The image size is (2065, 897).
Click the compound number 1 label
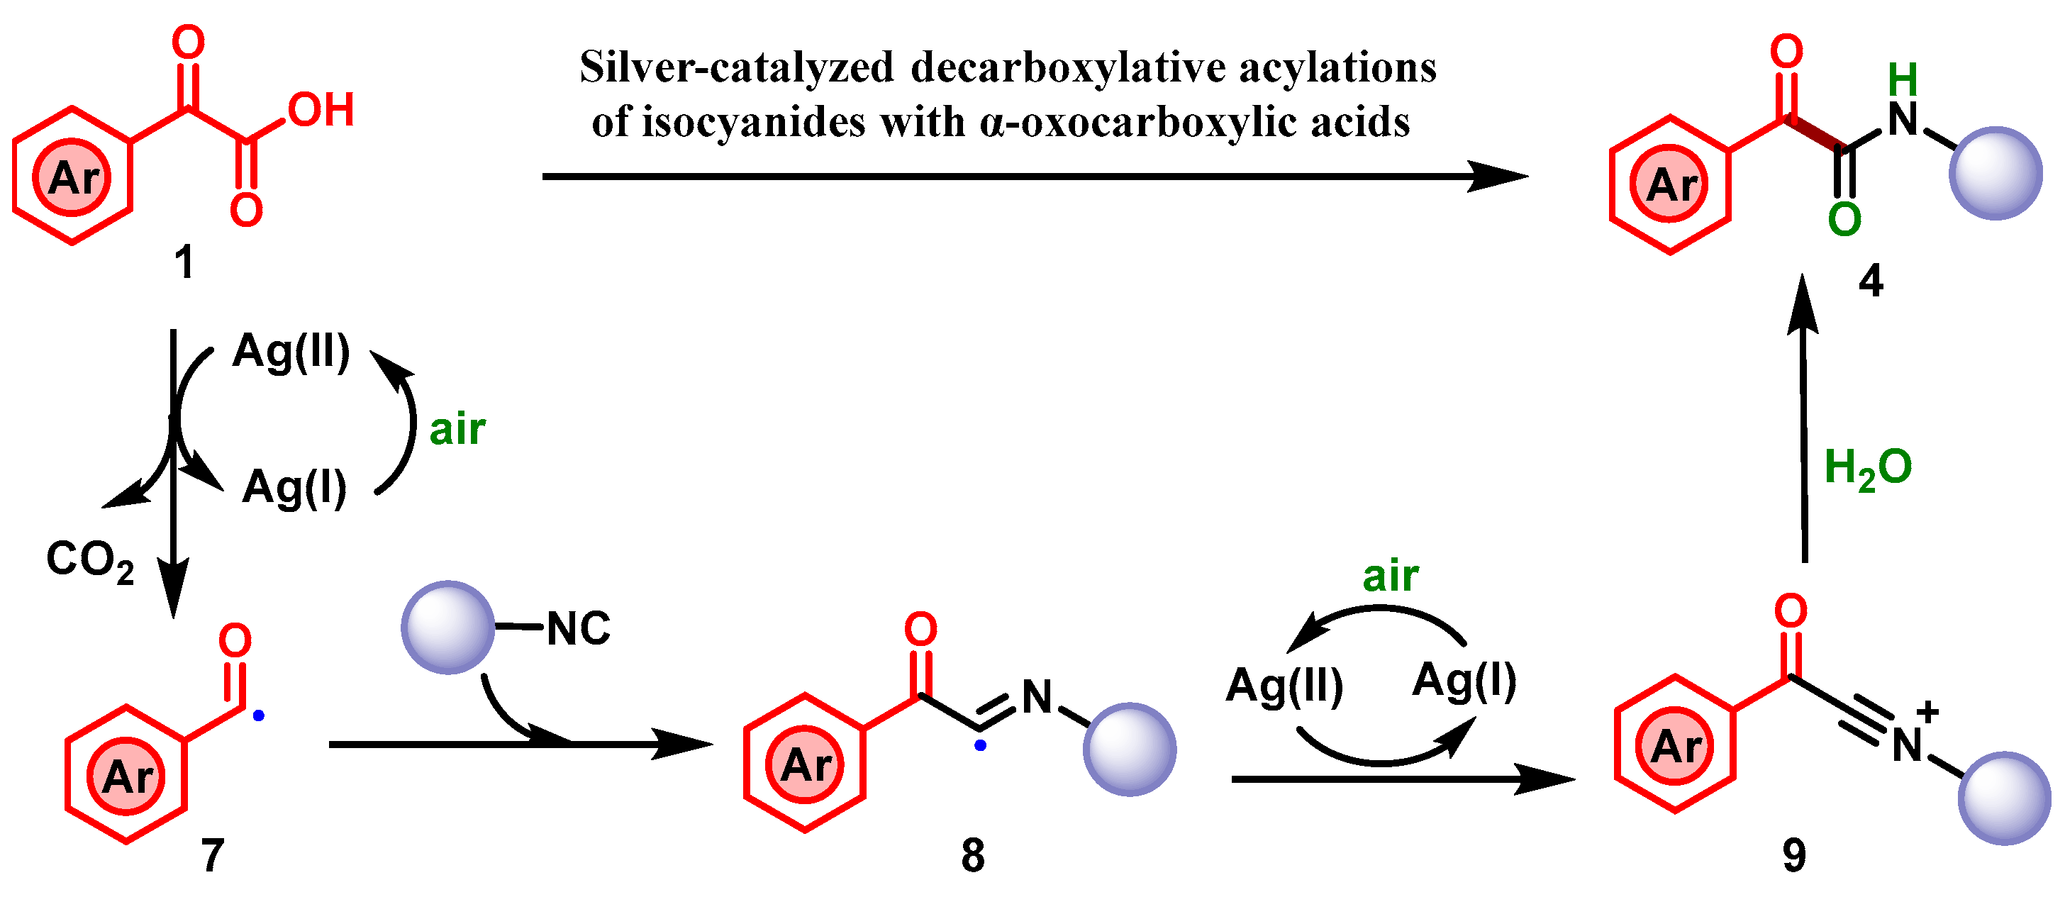point(184,262)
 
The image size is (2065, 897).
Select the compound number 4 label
point(1870,281)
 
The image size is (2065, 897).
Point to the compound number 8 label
point(972,855)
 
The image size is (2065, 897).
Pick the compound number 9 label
point(1793,855)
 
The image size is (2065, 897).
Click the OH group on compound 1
point(321,110)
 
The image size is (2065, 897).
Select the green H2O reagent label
point(1868,468)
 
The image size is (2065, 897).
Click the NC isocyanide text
point(578,628)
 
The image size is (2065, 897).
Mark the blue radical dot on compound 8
point(979,745)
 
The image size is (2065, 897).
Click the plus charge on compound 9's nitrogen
point(1928,711)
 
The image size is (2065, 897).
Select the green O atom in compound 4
point(1844,219)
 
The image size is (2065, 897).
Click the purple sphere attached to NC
point(447,627)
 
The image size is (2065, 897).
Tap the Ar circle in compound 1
point(72,177)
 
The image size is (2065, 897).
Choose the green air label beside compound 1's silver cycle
point(457,430)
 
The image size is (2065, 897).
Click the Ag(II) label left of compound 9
point(1284,686)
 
